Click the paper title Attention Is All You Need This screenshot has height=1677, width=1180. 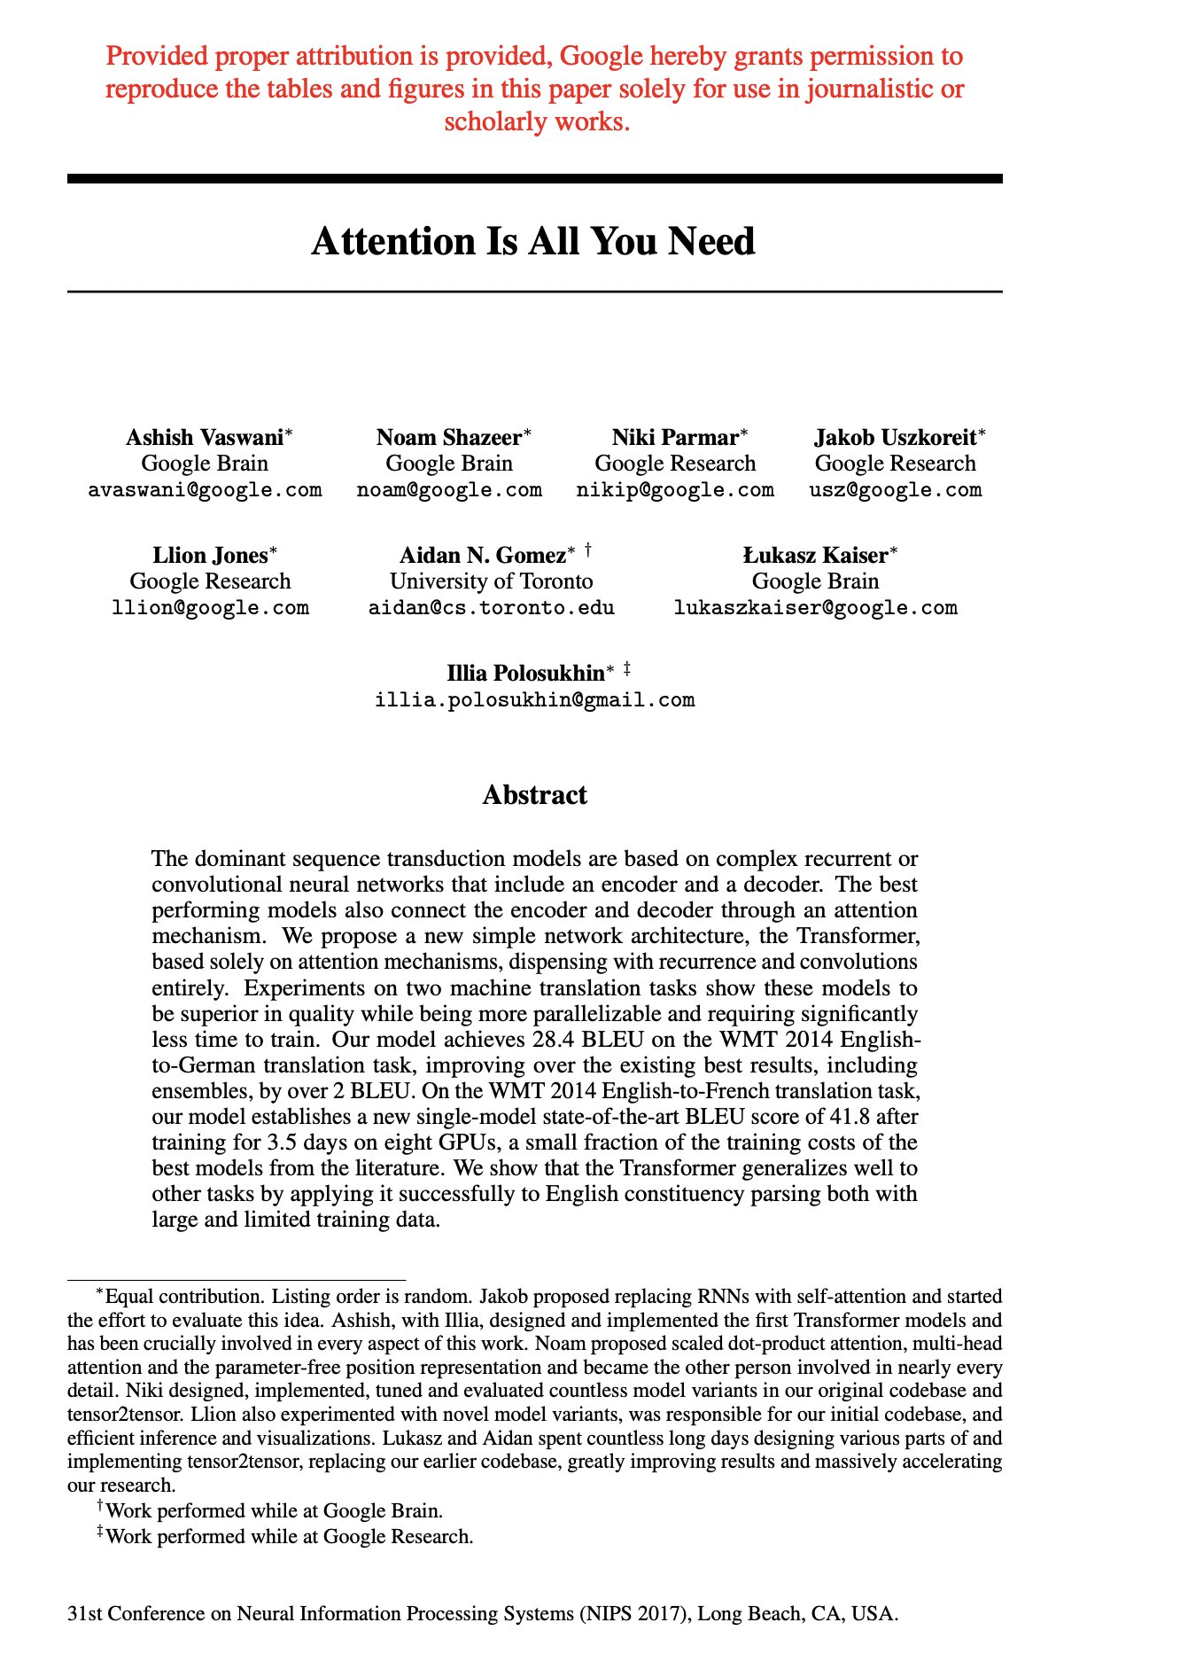pyautogui.click(x=533, y=242)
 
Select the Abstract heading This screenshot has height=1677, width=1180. pyautogui.click(x=534, y=795)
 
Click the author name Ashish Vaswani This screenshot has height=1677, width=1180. pyautogui.click(x=205, y=438)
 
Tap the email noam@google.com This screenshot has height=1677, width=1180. pyautogui.click(x=449, y=490)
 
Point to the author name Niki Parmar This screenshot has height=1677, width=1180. pyautogui.click(x=675, y=438)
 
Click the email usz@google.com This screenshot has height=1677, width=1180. pyautogui.click(x=896, y=490)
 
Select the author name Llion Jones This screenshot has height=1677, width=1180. pyautogui.click(x=210, y=556)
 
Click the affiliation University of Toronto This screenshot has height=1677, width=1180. pyautogui.click(x=492, y=581)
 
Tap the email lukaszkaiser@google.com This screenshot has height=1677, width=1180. pyautogui.click(x=815, y=608)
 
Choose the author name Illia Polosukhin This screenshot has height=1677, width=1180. pyautogui.click(x=525, y=674)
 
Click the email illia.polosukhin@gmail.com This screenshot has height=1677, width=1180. pyautogui.click(x=535, y=700)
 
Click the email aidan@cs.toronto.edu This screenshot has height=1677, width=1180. pyautogui.click(x=492, y=608)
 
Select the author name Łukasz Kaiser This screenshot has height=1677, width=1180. pyautogui.click(x=815, y=556)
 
